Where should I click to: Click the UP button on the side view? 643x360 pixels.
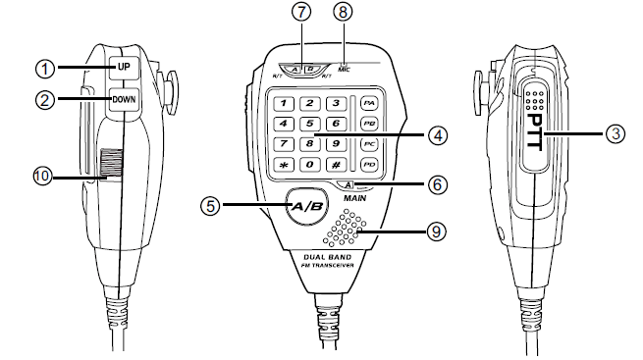[123, 69]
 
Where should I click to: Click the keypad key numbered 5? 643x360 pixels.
[309, 125]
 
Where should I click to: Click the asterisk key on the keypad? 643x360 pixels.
[285, 165]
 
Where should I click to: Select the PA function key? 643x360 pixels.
[369, 103]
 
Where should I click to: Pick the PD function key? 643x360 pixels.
[369, 165]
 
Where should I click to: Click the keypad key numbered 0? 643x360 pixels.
[309, 165]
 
